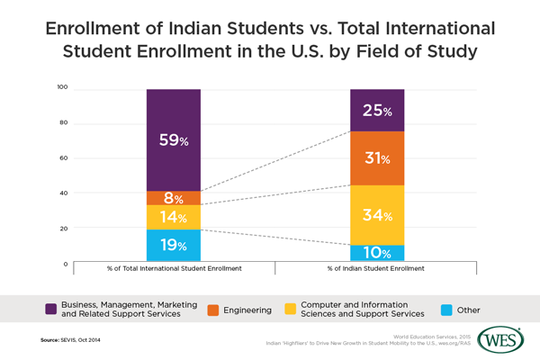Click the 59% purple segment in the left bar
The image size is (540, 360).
coord(173,139)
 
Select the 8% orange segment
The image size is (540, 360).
coord(173,198)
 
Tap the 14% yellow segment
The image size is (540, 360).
coord(173,217)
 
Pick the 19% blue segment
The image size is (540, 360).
coord(173,245)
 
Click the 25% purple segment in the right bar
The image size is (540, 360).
coord(377,111)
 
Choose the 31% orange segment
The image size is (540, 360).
coord(377,157)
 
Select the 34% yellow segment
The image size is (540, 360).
coord(377,214)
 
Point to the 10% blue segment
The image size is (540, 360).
coord(377,253)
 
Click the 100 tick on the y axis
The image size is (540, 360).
coord(62,88)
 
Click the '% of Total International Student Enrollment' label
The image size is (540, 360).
coord(173,269)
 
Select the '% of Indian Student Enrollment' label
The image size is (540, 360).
coord(377,269)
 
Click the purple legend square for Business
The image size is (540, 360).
coord(52,310)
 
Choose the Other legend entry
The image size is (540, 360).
coord(456,310)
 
